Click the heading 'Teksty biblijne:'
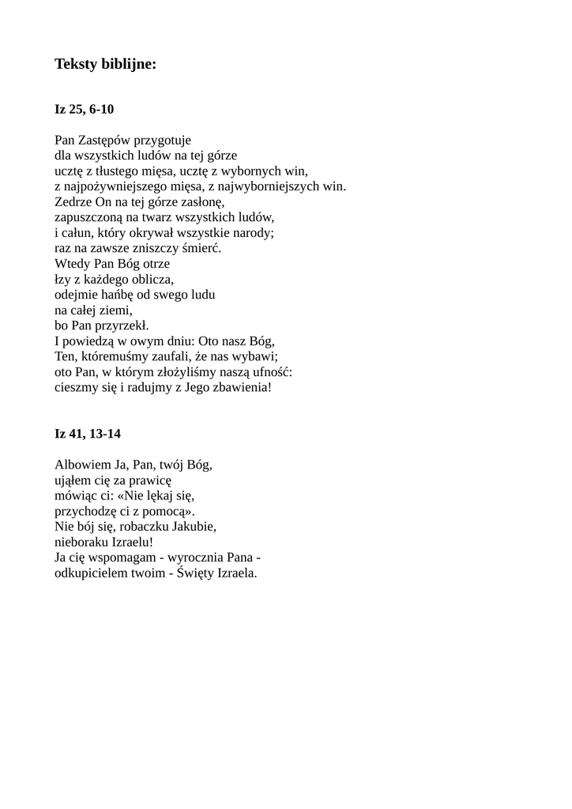point(105,65)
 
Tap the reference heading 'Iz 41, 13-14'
point(88,434)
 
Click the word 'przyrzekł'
point(121,325)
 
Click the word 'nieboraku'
point(81,543)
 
